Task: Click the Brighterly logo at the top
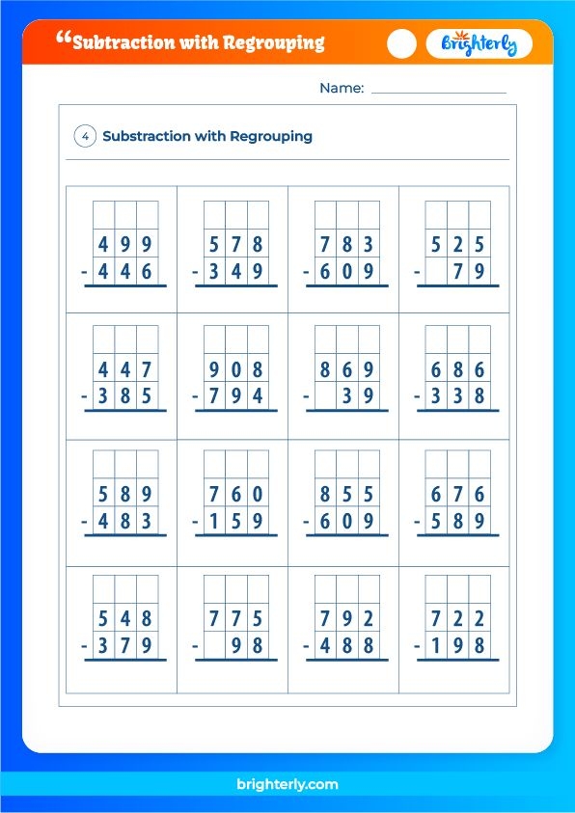point(479,44)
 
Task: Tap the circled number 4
point(85,137)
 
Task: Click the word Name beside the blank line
point(342,89)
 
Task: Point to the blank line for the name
point(438,92)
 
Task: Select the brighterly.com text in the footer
point(287,785)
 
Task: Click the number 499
point(125,244)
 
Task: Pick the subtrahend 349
point(236,273)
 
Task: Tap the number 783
point(347,244)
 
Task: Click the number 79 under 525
point(469,273)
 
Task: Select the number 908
point(236,369)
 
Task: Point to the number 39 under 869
point(358,397)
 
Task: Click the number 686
point(458,369)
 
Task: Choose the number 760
point(236,495)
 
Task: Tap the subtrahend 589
point(458,523)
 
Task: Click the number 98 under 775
point(247,647)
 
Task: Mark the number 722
point(458,618)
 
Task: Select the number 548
point(125,618)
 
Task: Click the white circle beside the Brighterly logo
point(401,44)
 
